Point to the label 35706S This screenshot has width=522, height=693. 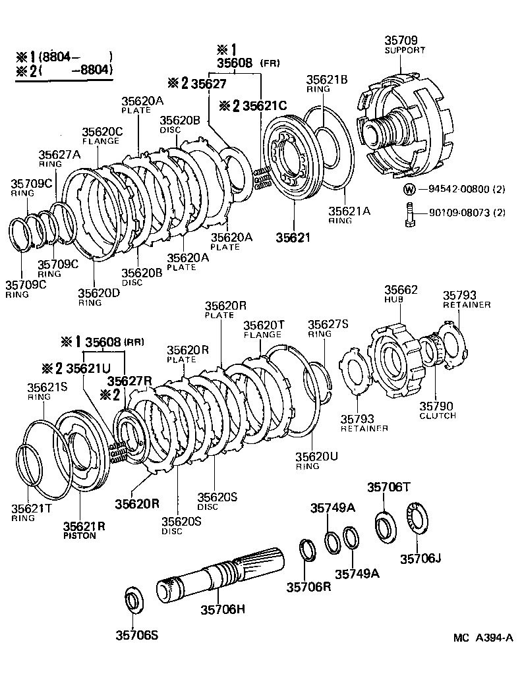click(136, 635)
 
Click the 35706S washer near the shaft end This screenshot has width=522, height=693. click(134, 601)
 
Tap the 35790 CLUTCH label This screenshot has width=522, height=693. click(438, 410)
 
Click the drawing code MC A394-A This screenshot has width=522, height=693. click(482, 638)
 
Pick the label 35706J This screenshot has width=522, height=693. click(420, 559)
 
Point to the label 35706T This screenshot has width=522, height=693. click(388, 487)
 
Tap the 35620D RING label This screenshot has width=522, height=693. click(99, 297)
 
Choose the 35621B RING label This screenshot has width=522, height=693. click(327, 84)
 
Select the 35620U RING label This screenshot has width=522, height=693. click(316, 460)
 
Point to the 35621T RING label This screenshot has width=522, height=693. click(32, 513)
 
